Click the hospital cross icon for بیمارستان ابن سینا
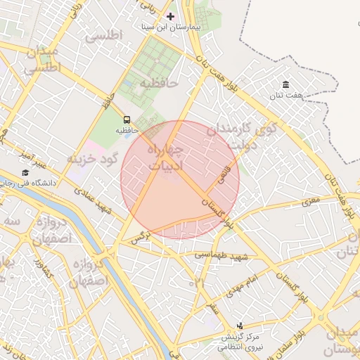click(169, 15)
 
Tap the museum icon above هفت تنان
click(285, 84)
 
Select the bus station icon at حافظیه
click(127, 120)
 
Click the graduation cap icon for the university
click(25, 172)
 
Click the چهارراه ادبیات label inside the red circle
click(166, 158)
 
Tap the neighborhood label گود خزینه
click(91, 158)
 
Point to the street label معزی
click(311, 202)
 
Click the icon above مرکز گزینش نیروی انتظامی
click(240, 326)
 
